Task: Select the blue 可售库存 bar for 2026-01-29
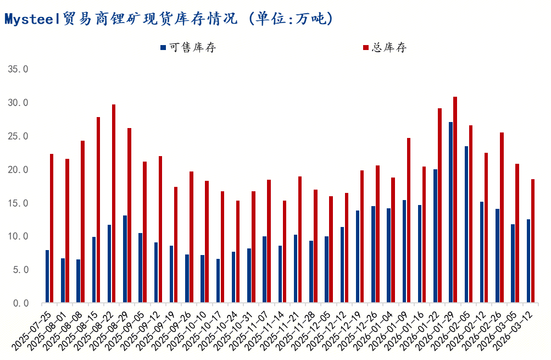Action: [450, 212]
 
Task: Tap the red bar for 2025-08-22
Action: [114, 203]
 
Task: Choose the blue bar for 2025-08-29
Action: [125, 259]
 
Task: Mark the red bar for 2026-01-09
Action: [409, 220]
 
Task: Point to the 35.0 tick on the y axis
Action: [18, 69]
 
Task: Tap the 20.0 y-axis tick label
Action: [18, 170]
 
